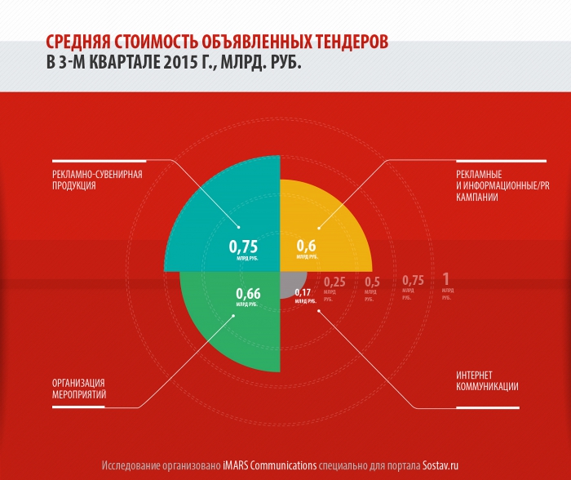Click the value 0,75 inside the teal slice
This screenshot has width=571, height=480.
coord(243,246)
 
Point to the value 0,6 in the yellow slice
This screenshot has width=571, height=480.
coord(306,245)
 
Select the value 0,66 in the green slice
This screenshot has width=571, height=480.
coord(248,294)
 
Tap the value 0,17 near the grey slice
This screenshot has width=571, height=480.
coord(303,292)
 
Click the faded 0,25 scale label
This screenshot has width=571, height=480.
coord(334,282)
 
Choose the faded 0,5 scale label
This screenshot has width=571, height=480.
coord(372,282)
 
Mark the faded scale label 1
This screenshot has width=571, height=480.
coord(445,280)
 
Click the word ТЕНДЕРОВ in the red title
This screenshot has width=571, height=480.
coord(339,42)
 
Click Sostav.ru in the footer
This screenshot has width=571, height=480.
coord(445,464)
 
